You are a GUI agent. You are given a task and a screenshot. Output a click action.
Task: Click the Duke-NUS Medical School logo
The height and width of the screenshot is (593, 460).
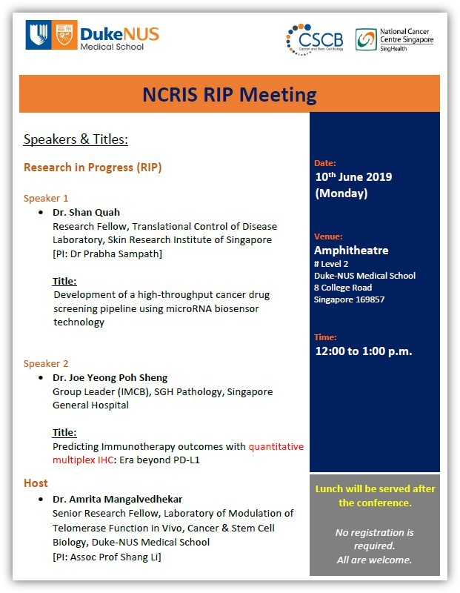pos(92,34)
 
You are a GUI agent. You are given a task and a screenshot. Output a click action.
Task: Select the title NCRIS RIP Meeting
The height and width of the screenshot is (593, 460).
pos(229,94)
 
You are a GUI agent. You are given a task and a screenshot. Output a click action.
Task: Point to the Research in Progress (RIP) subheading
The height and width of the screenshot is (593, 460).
pos(93,167)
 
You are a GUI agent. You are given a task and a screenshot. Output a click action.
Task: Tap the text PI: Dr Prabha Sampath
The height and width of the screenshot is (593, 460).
pos(107,254)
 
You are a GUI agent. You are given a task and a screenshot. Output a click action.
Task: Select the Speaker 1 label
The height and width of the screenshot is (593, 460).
pos(46,198)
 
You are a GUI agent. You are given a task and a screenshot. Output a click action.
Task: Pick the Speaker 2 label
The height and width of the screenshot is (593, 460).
pos(46,363)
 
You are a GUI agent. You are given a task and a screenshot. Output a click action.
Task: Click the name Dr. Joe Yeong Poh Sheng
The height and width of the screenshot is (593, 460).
pos(110,377)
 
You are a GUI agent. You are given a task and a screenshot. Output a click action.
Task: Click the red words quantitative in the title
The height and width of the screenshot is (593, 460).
pos(276,446)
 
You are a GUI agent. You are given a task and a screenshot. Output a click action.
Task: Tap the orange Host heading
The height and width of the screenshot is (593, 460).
pos(36,483)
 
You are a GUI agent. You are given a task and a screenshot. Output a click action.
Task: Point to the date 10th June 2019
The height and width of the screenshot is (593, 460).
pos(353,177)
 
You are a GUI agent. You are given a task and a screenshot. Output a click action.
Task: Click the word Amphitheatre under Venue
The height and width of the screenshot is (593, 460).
pos(351,250)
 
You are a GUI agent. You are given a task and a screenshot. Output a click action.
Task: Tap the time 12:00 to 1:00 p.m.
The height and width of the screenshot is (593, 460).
pos(363,351)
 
